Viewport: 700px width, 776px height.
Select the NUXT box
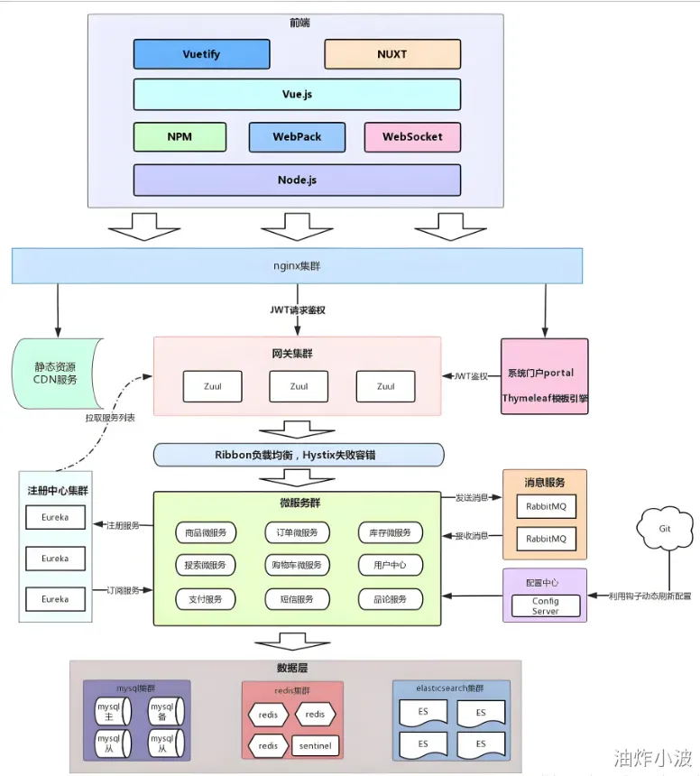tap(391, 54)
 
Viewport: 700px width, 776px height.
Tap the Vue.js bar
tap(297, 94)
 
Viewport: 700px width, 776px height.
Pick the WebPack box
tap(297, 137)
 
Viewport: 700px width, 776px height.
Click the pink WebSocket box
tap(412, 137)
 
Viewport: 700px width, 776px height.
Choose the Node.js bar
tap(297, 180)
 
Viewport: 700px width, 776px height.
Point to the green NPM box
tap(179, 137)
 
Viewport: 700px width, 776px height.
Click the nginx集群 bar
tap(297, 266)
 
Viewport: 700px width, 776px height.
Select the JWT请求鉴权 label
tap(297, 310)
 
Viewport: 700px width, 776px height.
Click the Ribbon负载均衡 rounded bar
tap(299, 455)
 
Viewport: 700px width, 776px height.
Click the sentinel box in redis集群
tap(315, 746)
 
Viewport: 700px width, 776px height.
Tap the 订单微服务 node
tap(298, 532)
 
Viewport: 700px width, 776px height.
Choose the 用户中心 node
tap(390, 566)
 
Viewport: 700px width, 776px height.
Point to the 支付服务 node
tap(206, 598)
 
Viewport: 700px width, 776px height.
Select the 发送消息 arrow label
tap(471, 497)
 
